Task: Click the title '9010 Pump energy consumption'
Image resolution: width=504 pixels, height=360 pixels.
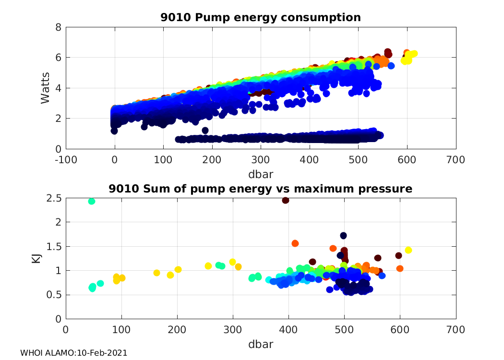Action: [x=261, y=18]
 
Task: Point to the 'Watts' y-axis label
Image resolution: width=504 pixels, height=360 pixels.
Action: [x=45, y=88]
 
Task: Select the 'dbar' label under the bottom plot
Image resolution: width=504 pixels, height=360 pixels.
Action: [x=261, y=344]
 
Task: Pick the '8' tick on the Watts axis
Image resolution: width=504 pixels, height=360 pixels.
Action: [x=58, y=27]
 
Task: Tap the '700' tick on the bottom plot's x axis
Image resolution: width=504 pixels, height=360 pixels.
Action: [x=456, y=331]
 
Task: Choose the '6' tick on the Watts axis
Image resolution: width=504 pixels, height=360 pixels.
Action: [x=58, y=58]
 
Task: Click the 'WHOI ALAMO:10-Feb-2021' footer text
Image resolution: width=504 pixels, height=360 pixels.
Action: [x=73, y=353]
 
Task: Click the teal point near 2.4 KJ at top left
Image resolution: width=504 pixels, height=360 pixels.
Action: [x=92, y=201]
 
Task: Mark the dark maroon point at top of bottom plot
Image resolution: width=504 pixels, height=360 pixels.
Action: [x=286, y=200]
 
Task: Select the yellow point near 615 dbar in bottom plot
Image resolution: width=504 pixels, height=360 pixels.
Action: [x=408, y=250]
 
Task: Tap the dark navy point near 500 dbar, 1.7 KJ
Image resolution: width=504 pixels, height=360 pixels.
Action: [x=344, y=236]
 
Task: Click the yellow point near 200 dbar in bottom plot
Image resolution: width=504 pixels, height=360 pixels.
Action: [x=178, y=269]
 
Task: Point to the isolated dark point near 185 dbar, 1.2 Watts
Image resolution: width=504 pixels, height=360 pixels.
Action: [x=205, y=131]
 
